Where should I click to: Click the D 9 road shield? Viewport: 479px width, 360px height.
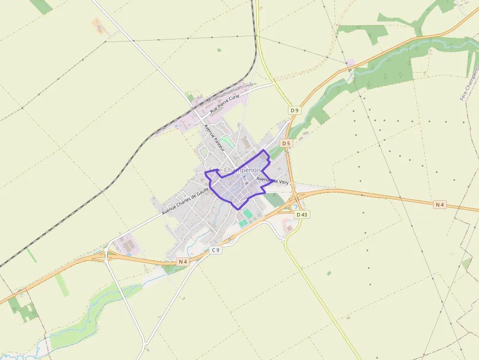(x=294, y=110)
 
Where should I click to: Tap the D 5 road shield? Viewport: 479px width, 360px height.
(x=286, y=143)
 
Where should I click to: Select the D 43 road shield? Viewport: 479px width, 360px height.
(x=302, y=214)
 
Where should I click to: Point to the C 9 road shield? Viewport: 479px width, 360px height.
(x=216, y=250)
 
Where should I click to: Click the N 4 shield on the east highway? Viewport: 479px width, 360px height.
(x=440, y=205)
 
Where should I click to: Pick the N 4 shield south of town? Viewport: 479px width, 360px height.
(x=183, y=262)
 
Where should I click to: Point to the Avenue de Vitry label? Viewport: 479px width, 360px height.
(x=273, y=181)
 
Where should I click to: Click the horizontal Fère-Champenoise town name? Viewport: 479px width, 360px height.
(x=236, y=170)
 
